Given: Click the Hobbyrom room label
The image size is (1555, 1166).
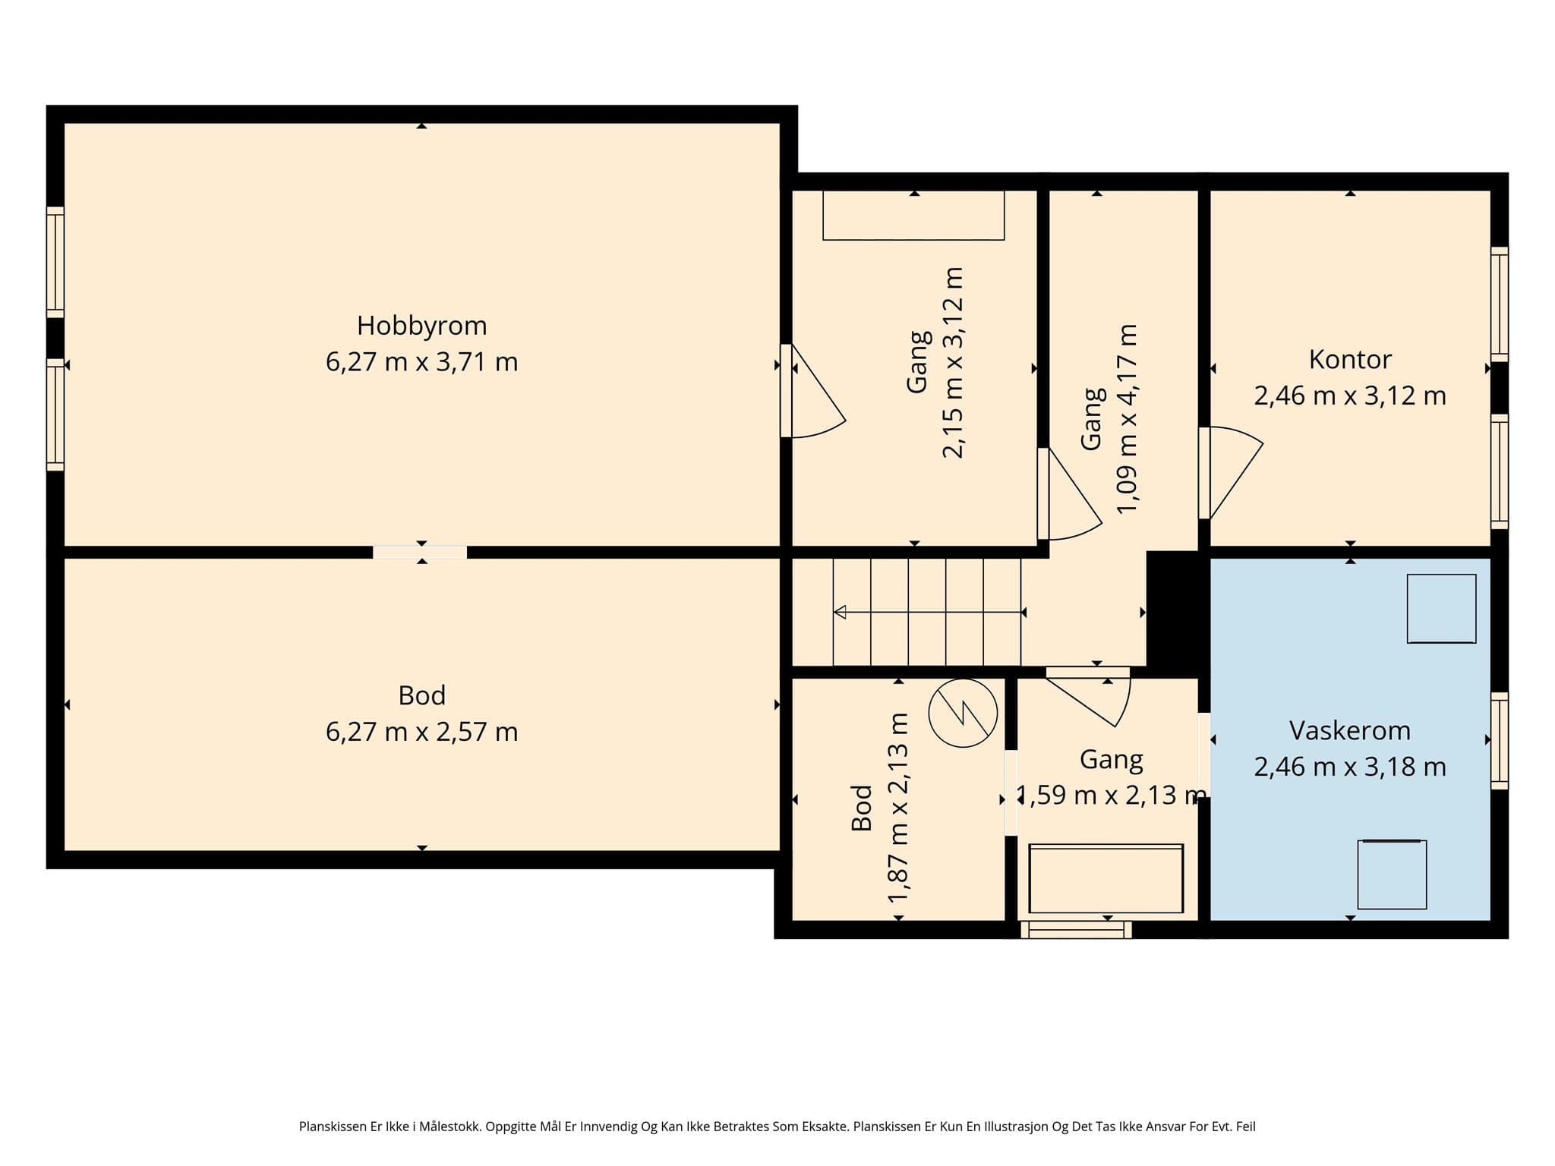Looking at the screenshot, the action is point(421,326).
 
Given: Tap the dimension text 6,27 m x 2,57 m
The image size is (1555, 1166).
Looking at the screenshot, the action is point(421,732).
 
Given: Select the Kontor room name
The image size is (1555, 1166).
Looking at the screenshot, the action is point(1350,359).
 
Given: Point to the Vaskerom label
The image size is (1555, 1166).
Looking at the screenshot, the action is point(1350,730).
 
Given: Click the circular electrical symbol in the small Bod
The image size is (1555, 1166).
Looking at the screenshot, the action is point(963,713).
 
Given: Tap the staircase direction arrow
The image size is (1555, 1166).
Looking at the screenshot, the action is point(928,612).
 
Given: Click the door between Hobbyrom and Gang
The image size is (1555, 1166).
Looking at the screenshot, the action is point(812,391).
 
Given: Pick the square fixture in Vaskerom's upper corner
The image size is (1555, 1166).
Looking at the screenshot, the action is point(1441,609).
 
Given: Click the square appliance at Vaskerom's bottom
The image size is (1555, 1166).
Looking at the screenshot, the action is point(1392,874).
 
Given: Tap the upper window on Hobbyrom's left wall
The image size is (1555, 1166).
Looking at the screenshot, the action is point(55,262).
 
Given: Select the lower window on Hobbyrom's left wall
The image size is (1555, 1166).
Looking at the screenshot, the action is point(55,414).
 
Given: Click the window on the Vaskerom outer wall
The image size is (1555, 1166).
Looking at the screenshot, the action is point(1500,740).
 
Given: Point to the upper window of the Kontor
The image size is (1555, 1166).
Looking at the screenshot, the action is point(1500,304).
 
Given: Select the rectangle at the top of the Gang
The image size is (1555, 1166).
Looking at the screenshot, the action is point(913,216).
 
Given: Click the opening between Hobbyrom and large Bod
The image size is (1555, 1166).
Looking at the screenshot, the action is point(420,552).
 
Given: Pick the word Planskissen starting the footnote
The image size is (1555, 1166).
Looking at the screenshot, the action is point(333,1127).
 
